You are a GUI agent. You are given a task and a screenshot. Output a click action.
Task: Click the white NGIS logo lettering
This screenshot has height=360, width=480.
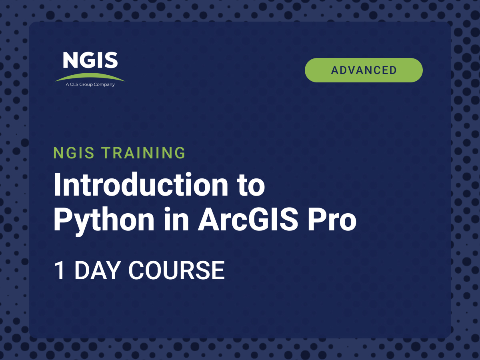click(x=90, y=60)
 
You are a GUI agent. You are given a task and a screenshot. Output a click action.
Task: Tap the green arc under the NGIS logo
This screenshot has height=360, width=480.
click(x=90, y=76)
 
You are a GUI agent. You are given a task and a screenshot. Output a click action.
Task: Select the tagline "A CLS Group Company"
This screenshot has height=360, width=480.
click(x=90, y=84)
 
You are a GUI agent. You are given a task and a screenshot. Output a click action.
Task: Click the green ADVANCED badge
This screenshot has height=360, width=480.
click(x=364, y=70)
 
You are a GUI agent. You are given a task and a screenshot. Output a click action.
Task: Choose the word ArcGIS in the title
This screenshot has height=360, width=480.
click(x=248, y=219)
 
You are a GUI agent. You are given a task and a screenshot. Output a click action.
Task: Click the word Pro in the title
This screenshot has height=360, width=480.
click(x=332, y=219)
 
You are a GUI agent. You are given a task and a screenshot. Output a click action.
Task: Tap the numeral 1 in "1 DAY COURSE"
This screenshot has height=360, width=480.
click(x=60, y=270)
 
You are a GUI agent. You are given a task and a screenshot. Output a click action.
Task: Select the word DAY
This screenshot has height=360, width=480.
click(x=98, y=270)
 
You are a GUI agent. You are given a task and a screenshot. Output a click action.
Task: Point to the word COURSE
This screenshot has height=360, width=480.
click(x=176, y=270)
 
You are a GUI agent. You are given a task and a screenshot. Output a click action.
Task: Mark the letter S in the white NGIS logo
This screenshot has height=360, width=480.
click(x=111, y=60)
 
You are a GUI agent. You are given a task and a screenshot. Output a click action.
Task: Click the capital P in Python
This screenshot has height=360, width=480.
click(x=63, y=219)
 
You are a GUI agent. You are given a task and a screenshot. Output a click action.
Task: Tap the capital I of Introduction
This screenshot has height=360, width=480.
click(x=57, y=185)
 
